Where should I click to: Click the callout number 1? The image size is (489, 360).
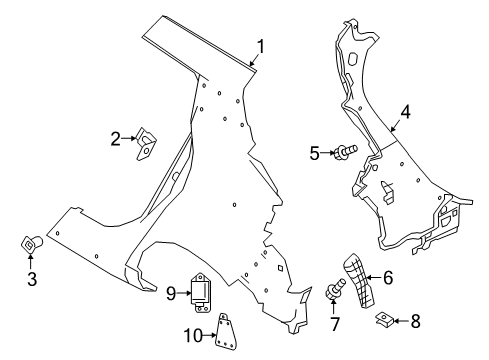point(261,47)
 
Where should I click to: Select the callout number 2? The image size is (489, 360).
point(115,139)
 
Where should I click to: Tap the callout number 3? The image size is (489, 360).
point(32,279)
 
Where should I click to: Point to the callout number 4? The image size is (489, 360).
point(405,112)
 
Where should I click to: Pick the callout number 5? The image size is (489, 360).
point(314,153)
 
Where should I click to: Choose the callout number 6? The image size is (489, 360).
point(388,277)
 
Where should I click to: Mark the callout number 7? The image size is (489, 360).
point(334,324)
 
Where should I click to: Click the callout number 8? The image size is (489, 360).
point(415,321)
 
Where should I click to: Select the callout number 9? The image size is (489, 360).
point(171,293)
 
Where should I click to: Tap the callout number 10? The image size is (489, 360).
point(193,335)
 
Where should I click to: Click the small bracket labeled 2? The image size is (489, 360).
point(146,144)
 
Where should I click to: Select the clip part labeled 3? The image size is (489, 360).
point(31,244)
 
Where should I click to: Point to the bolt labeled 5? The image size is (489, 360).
point(346,152)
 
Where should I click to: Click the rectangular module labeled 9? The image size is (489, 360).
point(201,293)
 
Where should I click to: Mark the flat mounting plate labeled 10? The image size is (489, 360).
point(227,331)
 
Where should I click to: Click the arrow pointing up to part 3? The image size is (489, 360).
point(31,261)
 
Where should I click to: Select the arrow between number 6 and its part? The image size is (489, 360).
point(373,277)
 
